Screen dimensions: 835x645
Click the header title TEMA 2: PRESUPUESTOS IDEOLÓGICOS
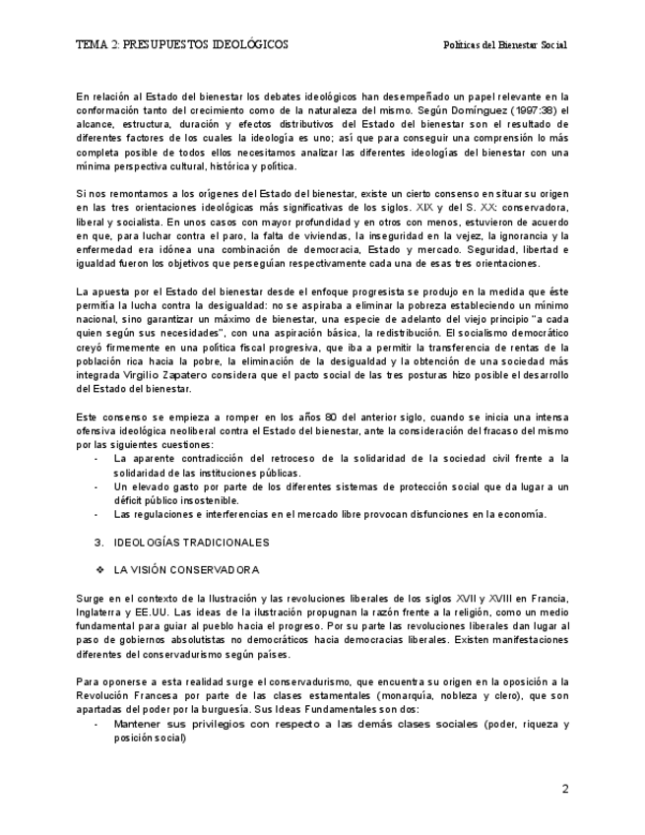pos(182,45)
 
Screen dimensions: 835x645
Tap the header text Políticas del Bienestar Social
pos(505,45)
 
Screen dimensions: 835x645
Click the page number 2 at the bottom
pos(565,789)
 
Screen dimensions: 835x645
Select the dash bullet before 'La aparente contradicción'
pos(96,459)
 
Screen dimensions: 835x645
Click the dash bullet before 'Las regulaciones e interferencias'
pos(96,514)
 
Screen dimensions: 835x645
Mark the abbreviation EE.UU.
pos(157,611)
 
